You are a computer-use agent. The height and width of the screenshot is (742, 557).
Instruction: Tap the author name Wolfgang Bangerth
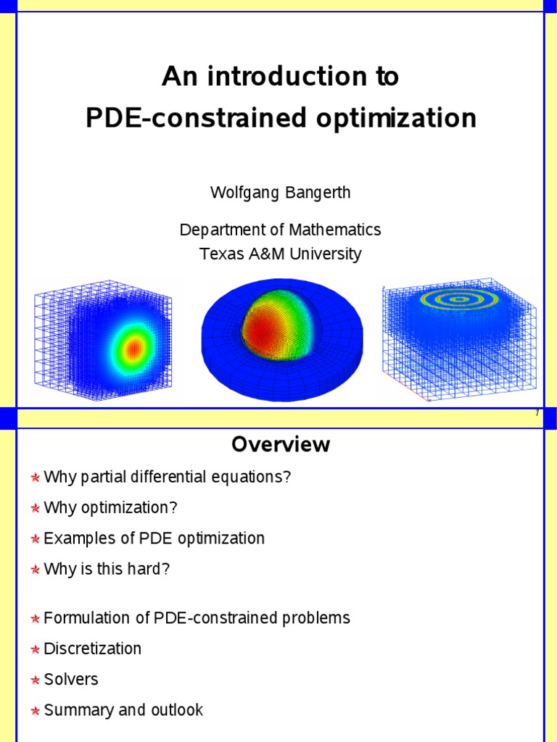[280, 193]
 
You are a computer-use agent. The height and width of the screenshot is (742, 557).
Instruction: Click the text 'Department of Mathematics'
[280, 230]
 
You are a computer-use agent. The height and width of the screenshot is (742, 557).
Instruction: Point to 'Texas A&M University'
[280, 254]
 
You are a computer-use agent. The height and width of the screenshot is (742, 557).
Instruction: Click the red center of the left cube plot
[133, 349]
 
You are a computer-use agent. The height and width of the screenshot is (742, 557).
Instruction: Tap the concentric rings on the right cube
[458, 299]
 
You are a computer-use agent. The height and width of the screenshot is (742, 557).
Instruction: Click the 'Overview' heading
[280, 444]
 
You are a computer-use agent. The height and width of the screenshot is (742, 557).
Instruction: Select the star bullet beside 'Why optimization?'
[35, 509]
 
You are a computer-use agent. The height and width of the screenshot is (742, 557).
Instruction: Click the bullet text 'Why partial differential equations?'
[167, 478]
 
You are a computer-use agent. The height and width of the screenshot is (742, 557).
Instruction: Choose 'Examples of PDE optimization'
[154, 538]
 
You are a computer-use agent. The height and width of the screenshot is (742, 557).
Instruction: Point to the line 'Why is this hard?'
[107, 569]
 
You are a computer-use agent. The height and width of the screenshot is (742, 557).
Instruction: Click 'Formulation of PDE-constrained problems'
[197, 618]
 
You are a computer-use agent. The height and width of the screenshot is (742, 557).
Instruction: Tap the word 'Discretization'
[92, 649]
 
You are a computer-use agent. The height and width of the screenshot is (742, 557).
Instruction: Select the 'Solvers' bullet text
[70, 679]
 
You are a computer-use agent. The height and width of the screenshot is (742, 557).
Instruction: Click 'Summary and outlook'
[123, 709]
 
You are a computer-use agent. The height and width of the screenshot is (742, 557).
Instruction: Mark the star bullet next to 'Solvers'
[35, 680]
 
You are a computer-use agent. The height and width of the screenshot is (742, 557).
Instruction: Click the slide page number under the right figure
[537, 413]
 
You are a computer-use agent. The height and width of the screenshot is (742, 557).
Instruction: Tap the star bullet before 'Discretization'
[35, 650]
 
